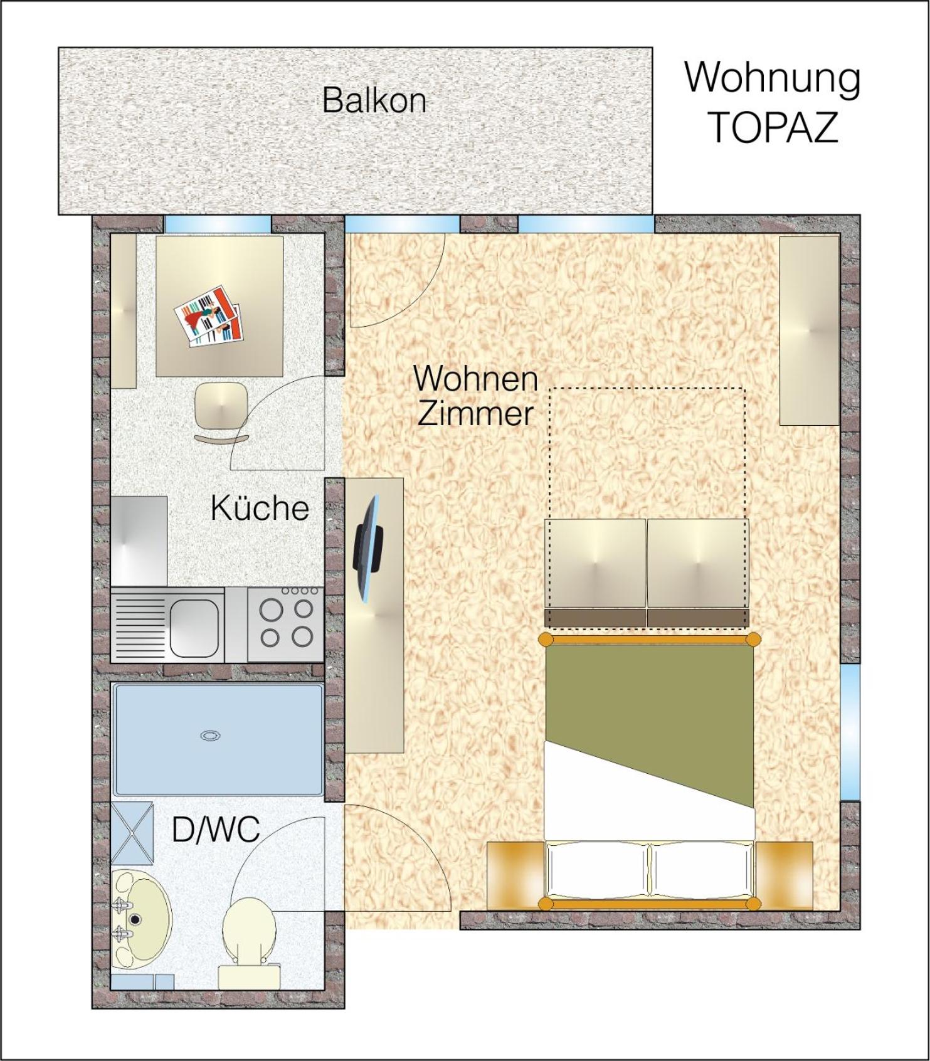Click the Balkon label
(374, 100)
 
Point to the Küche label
(260, 507)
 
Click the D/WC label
(216, 829)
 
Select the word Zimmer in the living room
(475, 414)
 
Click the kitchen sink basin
(193, 626)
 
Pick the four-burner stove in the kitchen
(285, 623)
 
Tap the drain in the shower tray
(209, 736)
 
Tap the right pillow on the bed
(700, 870)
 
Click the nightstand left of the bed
(515, 874)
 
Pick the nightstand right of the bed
(784, 874)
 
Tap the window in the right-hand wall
(850, 732)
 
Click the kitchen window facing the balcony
(218, 223)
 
